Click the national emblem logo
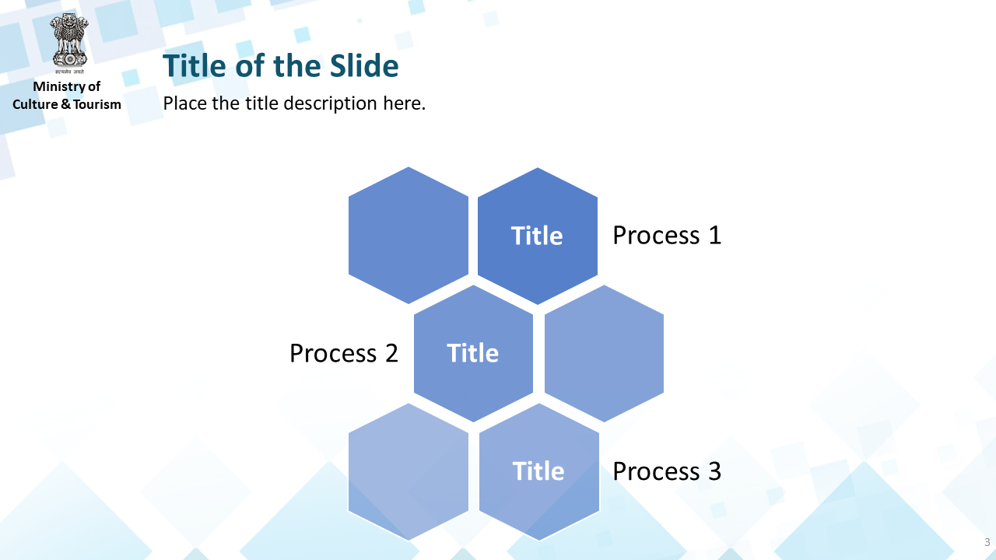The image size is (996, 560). click(69, 44)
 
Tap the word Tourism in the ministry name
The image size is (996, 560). click(97, 104)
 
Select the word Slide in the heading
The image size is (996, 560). click(364, 66)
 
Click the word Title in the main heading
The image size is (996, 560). click(195, 66)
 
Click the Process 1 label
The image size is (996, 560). click(667, 235)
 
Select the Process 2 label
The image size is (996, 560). click(344, 353)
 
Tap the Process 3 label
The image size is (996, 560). click(667, 471)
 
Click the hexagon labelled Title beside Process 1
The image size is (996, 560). click(537, 236)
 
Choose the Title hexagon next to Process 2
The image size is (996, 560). click(473, 353)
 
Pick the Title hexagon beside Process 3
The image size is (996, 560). click(539, 471)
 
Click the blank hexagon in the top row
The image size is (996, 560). click(409, 236)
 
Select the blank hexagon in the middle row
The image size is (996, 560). click(604, 353)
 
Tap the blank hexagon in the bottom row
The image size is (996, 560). click(409, 471)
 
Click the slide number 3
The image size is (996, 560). click(987, 542)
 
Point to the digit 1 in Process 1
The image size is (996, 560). click(714, 235)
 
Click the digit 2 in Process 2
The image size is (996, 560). click(391, 353)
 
